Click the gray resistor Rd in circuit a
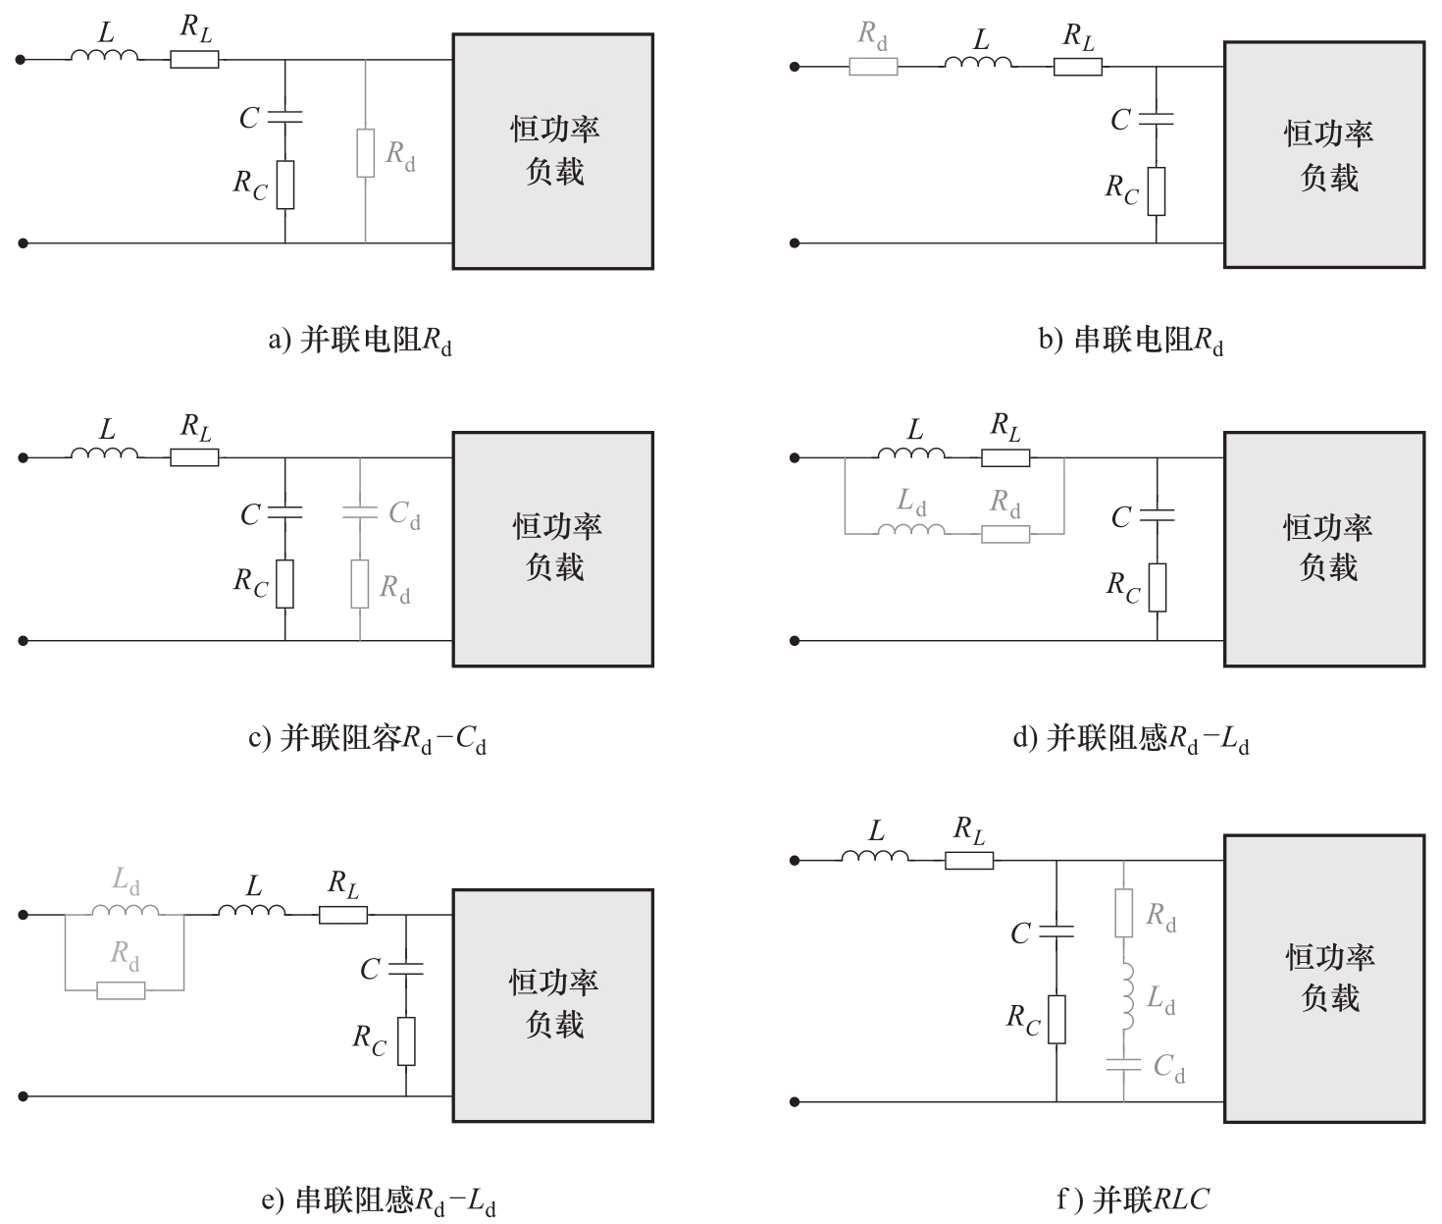tap(366, 153)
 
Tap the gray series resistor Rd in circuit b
tap(873, 67)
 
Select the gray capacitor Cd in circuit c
tap(360, 513)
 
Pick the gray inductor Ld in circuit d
tap(911, 529)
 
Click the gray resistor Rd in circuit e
tap(121, 990)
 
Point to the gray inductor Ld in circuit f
tap(1127, 998)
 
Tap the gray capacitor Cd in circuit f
tap(1123, 1066)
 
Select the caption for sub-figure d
tap(1130, 739)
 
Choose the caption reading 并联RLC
tap(1133, 1199)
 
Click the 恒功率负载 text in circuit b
tap(1328, 155)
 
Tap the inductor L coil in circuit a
tap(105, 55)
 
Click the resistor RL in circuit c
tap(194, 457)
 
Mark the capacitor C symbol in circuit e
tap(406, 968)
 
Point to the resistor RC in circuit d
tap(1158, 588)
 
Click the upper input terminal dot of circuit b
tap(794, 67)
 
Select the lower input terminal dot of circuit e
tap(23, 1096)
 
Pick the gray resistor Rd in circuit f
tap(1123, 913)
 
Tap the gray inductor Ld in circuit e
tap(126, 909)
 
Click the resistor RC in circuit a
tap(285, 186)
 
